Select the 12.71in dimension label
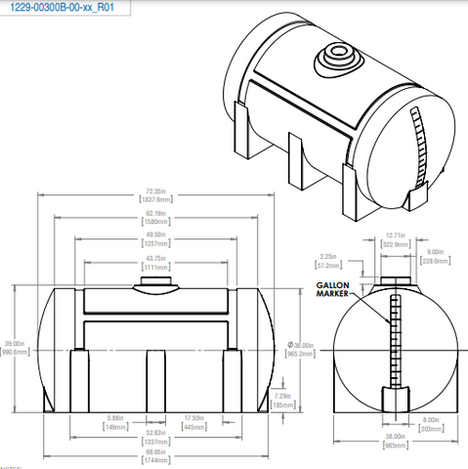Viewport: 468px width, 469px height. [x=394, y=235]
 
